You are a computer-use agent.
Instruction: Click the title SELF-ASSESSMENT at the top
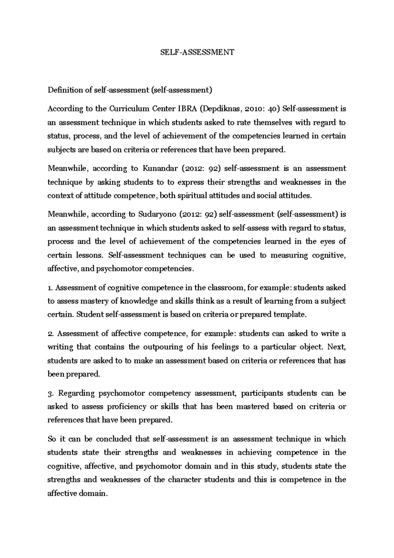coord(197,52)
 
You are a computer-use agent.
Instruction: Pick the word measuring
coord(289,255)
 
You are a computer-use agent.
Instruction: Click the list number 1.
coord(50,288)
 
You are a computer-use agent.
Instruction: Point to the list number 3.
coord(50,393)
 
